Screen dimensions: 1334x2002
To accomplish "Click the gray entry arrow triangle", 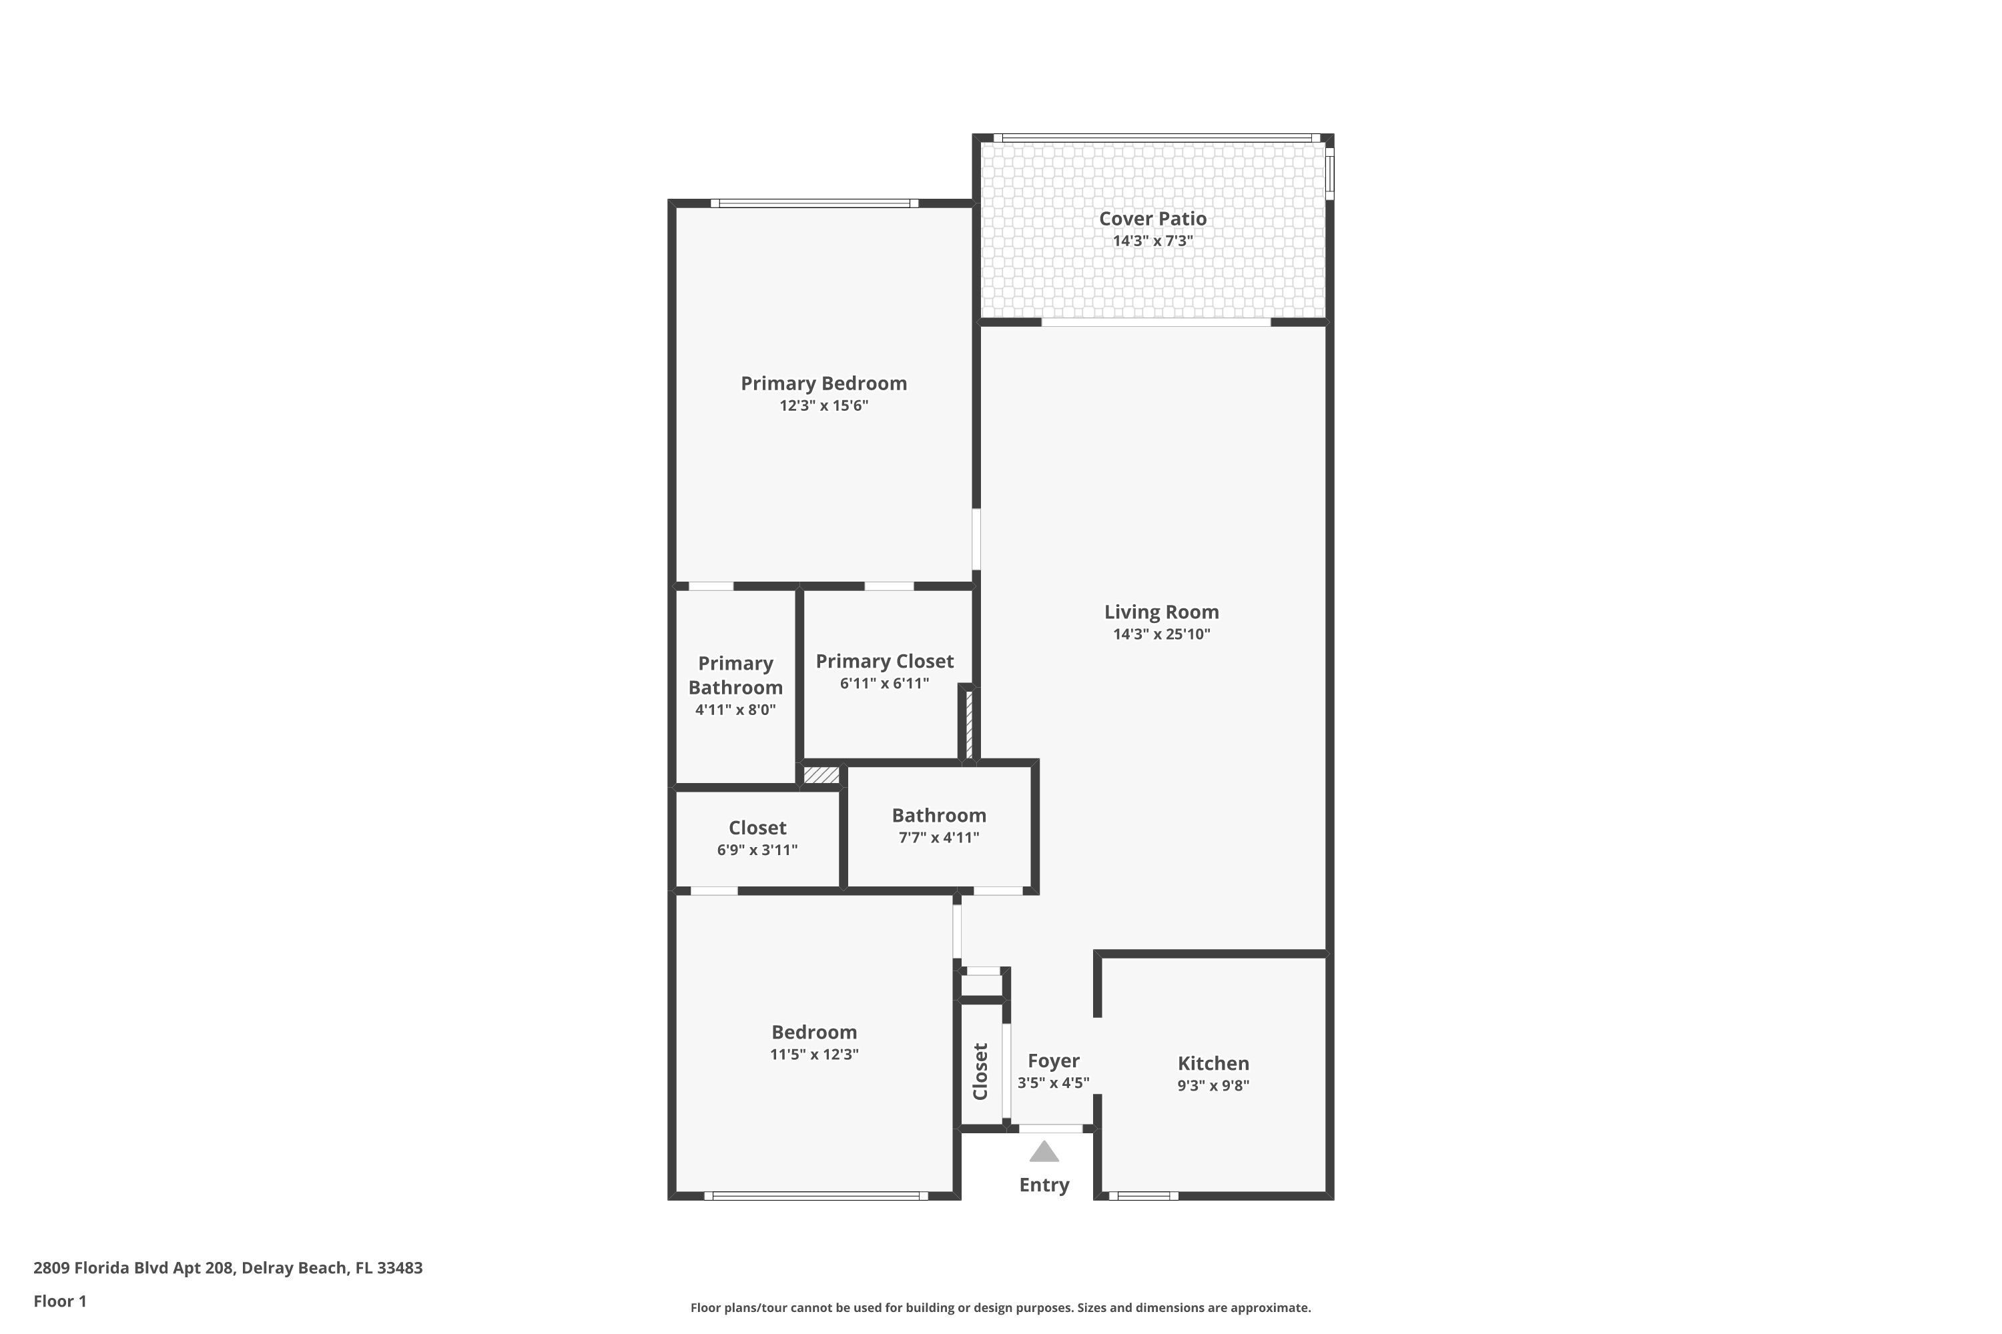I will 1044,1153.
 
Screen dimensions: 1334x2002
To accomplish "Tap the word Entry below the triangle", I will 1044,1185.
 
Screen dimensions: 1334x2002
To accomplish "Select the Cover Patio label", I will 1152,219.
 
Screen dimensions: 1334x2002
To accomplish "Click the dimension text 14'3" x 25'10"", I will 1161,634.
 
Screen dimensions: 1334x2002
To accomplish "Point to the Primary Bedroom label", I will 823,384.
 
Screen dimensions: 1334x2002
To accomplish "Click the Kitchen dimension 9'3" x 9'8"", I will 1213,1086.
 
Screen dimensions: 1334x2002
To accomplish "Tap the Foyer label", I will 1053,1061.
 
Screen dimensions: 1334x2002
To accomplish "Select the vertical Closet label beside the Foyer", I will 980,1071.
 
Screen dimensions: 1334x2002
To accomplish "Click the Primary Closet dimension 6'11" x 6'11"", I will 884,683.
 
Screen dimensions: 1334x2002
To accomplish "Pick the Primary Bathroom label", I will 735,676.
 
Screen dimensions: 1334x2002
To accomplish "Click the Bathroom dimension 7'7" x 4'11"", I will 939,837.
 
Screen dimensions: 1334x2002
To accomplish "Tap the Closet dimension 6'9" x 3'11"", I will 757,850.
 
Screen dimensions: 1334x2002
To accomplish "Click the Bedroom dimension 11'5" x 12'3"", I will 813,1054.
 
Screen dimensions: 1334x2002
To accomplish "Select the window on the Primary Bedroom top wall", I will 815,203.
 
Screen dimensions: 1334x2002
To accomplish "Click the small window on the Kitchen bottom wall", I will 1143,1195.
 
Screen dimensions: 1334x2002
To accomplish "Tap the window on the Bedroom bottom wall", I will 815,1195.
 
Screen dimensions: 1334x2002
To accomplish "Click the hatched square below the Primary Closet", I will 821,775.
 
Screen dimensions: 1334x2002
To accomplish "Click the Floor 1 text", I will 59,1301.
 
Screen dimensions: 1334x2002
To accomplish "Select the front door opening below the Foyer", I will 1050,1129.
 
